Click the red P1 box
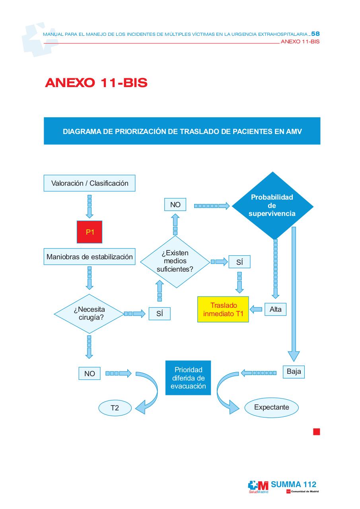[90, 232]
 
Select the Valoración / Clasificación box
[90, 183]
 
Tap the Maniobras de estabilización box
[90, 256]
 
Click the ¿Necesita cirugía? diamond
[89, 314]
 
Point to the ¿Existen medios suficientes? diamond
[175, 262]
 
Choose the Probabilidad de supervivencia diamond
[272, 206]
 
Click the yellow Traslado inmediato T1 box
[223, 309]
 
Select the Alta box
[275, 309]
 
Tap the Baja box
[294, 371]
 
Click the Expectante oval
[271, 407]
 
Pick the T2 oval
[115, 408]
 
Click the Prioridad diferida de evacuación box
[188, 378]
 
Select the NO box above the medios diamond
[175, 204]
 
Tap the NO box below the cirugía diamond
[90, 373]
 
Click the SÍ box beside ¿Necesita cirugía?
[160, 314]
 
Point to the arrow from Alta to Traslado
[256, 309]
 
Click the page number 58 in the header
[315, 34]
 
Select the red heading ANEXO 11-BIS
[96, 82]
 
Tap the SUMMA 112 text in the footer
[294, 484]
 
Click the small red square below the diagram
[316, 431]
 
